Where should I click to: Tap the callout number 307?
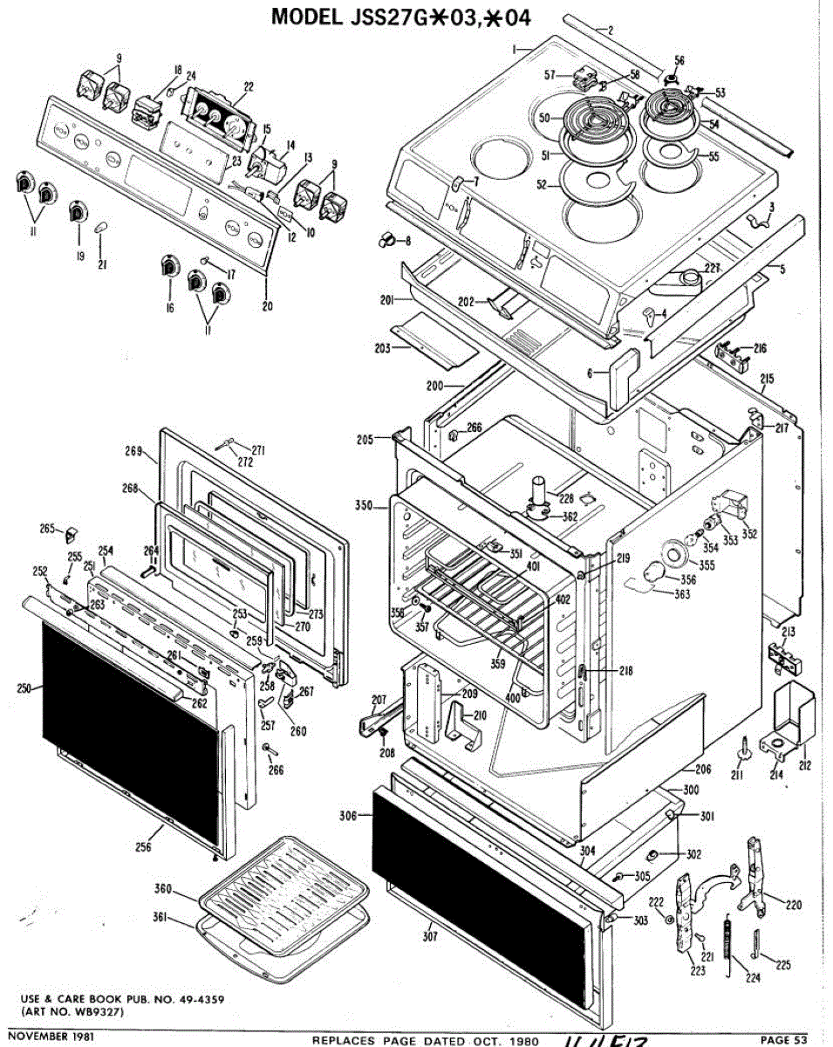[433, 938]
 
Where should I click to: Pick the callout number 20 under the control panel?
[266, 306]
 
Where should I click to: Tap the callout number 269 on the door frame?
[133, 451]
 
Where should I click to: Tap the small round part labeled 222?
[667, 920]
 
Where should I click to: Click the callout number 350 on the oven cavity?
[364, 506]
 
